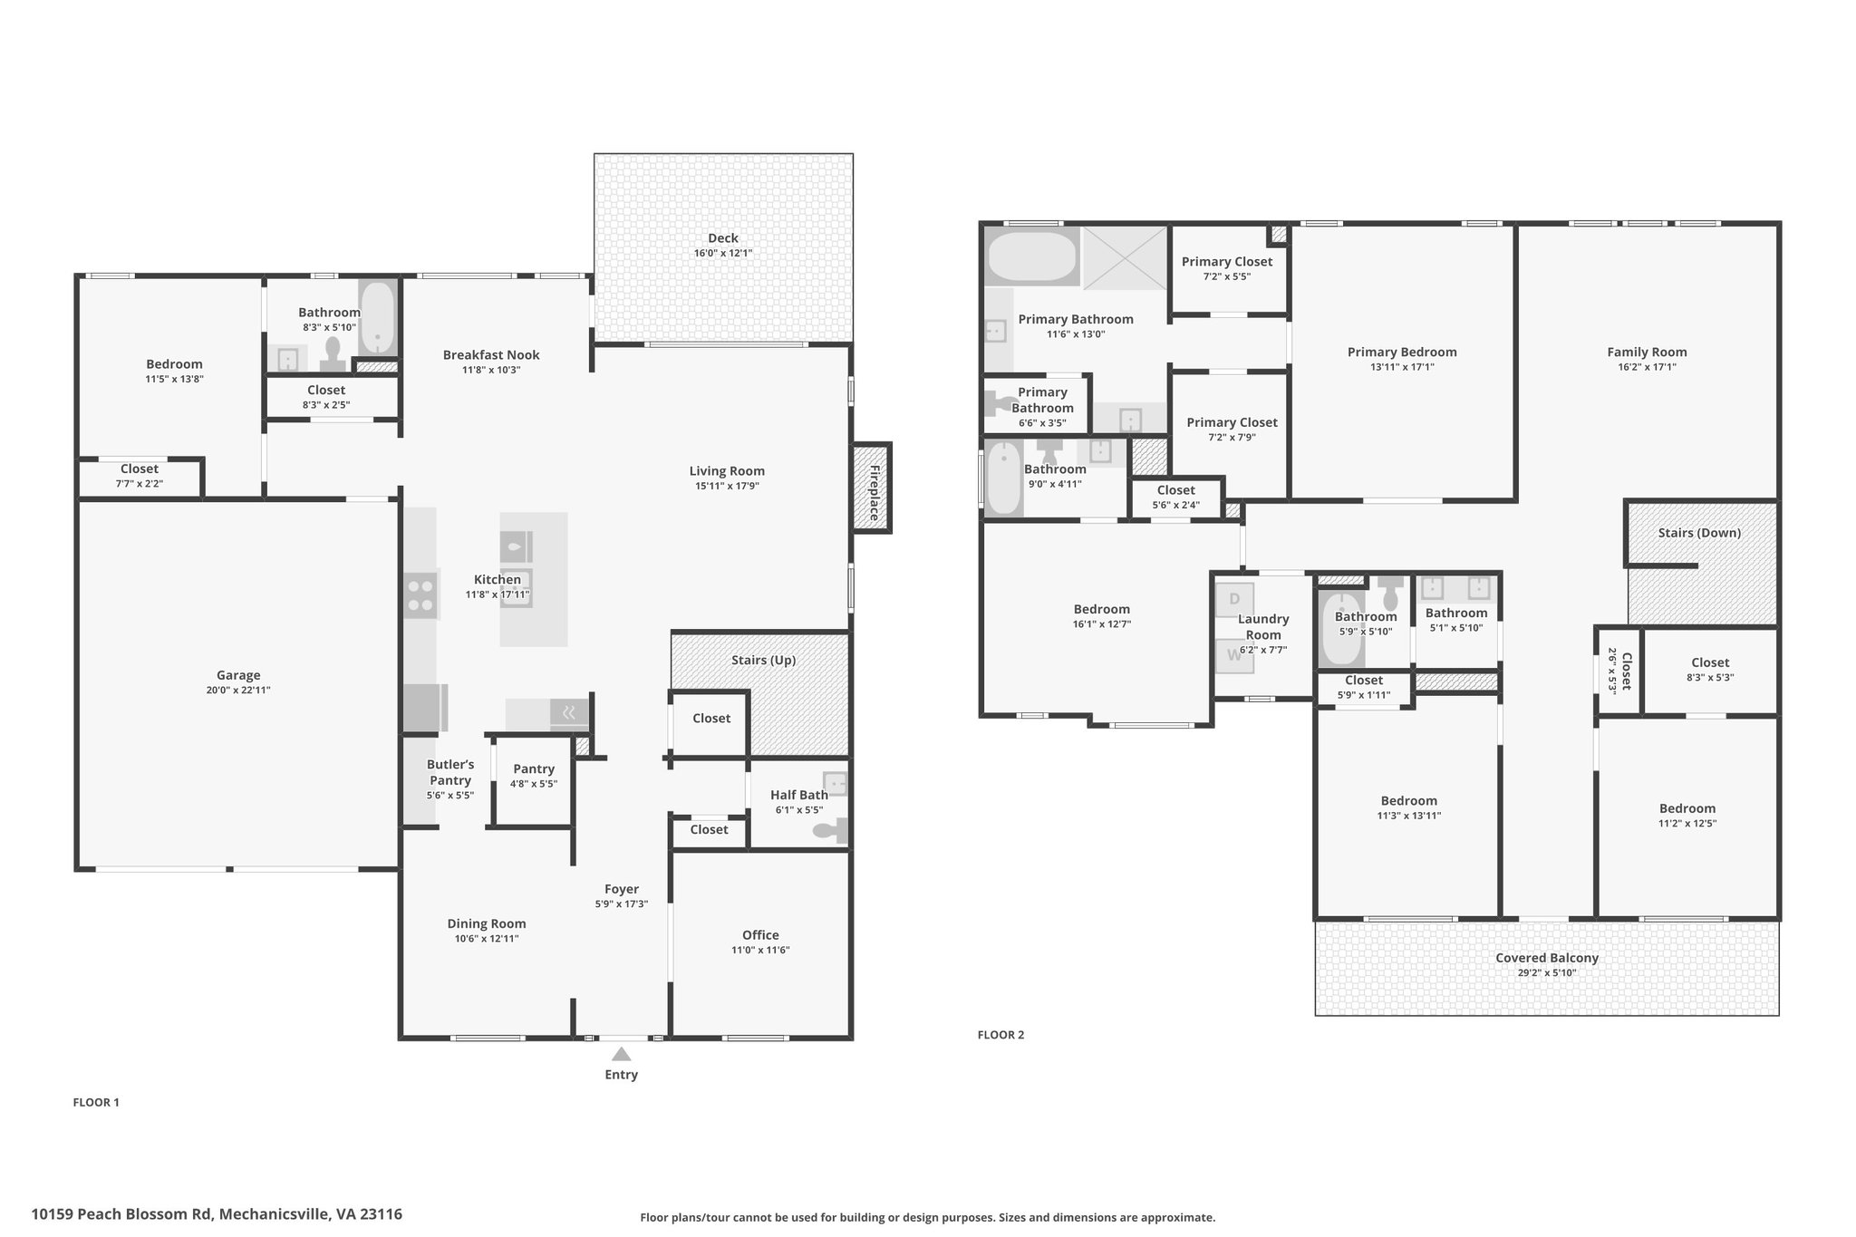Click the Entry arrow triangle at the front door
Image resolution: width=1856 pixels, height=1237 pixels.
(x=621, y=1054)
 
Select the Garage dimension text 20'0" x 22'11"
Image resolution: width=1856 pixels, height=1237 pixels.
(x=238, y=691)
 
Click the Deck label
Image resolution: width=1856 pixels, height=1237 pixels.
(x=723, y=238)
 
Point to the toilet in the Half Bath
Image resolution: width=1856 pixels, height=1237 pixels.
(x=830, y=829)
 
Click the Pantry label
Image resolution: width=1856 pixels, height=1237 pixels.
(x=534, y=768)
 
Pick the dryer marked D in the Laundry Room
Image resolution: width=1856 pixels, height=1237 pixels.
(x=1234, y=599)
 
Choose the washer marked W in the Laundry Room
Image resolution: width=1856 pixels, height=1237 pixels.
(x=1234, y=654)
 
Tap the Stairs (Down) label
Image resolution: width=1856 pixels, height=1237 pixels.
(x=1699, y=533)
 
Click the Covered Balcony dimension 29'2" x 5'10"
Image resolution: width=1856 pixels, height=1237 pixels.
(x=1547, y=973)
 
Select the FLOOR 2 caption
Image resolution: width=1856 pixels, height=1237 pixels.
(x=1000, y=1035)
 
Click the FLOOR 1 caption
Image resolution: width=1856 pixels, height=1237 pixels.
(x=96, y=1103)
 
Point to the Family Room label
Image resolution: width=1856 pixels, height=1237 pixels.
(x=1647, y=353)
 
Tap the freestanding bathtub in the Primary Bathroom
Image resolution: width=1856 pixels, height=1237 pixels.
(x=1031, y=257)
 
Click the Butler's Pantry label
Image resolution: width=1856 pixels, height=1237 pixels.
(x=450, y=772)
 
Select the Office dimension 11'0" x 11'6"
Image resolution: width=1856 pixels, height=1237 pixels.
(x=760, y=950)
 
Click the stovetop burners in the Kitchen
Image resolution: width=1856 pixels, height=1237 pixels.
(x=420, y=594)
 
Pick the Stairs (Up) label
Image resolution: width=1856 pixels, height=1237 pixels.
(x=764, y=660)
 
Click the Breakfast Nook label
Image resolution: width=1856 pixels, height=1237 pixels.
(x=491, y=354)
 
